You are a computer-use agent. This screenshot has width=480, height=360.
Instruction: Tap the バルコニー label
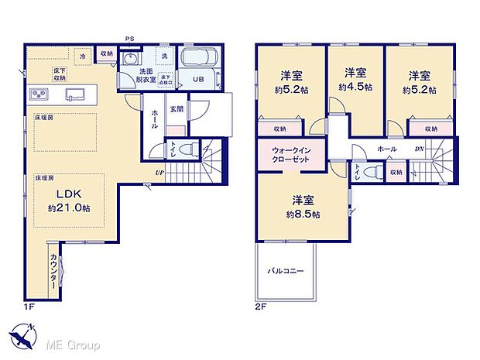click(286, 272)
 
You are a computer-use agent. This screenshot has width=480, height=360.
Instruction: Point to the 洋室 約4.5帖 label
click(355, 79)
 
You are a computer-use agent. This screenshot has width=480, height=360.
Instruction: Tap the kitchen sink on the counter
click(77, 94)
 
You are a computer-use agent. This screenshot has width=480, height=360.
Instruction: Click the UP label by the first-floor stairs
click(159, 172)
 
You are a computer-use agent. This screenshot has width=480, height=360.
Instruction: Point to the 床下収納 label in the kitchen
click(59, 74)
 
